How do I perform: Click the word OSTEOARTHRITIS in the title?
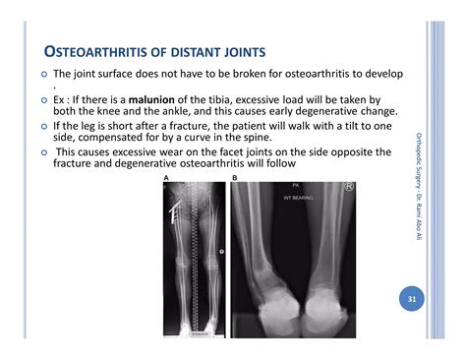(x=92, y=51)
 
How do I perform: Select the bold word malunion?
(x=141, y=100)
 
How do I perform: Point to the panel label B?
(x=233, y=178)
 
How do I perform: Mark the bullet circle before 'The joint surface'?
(x=43, y=75)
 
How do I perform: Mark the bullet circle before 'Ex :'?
(x=43, y=101)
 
